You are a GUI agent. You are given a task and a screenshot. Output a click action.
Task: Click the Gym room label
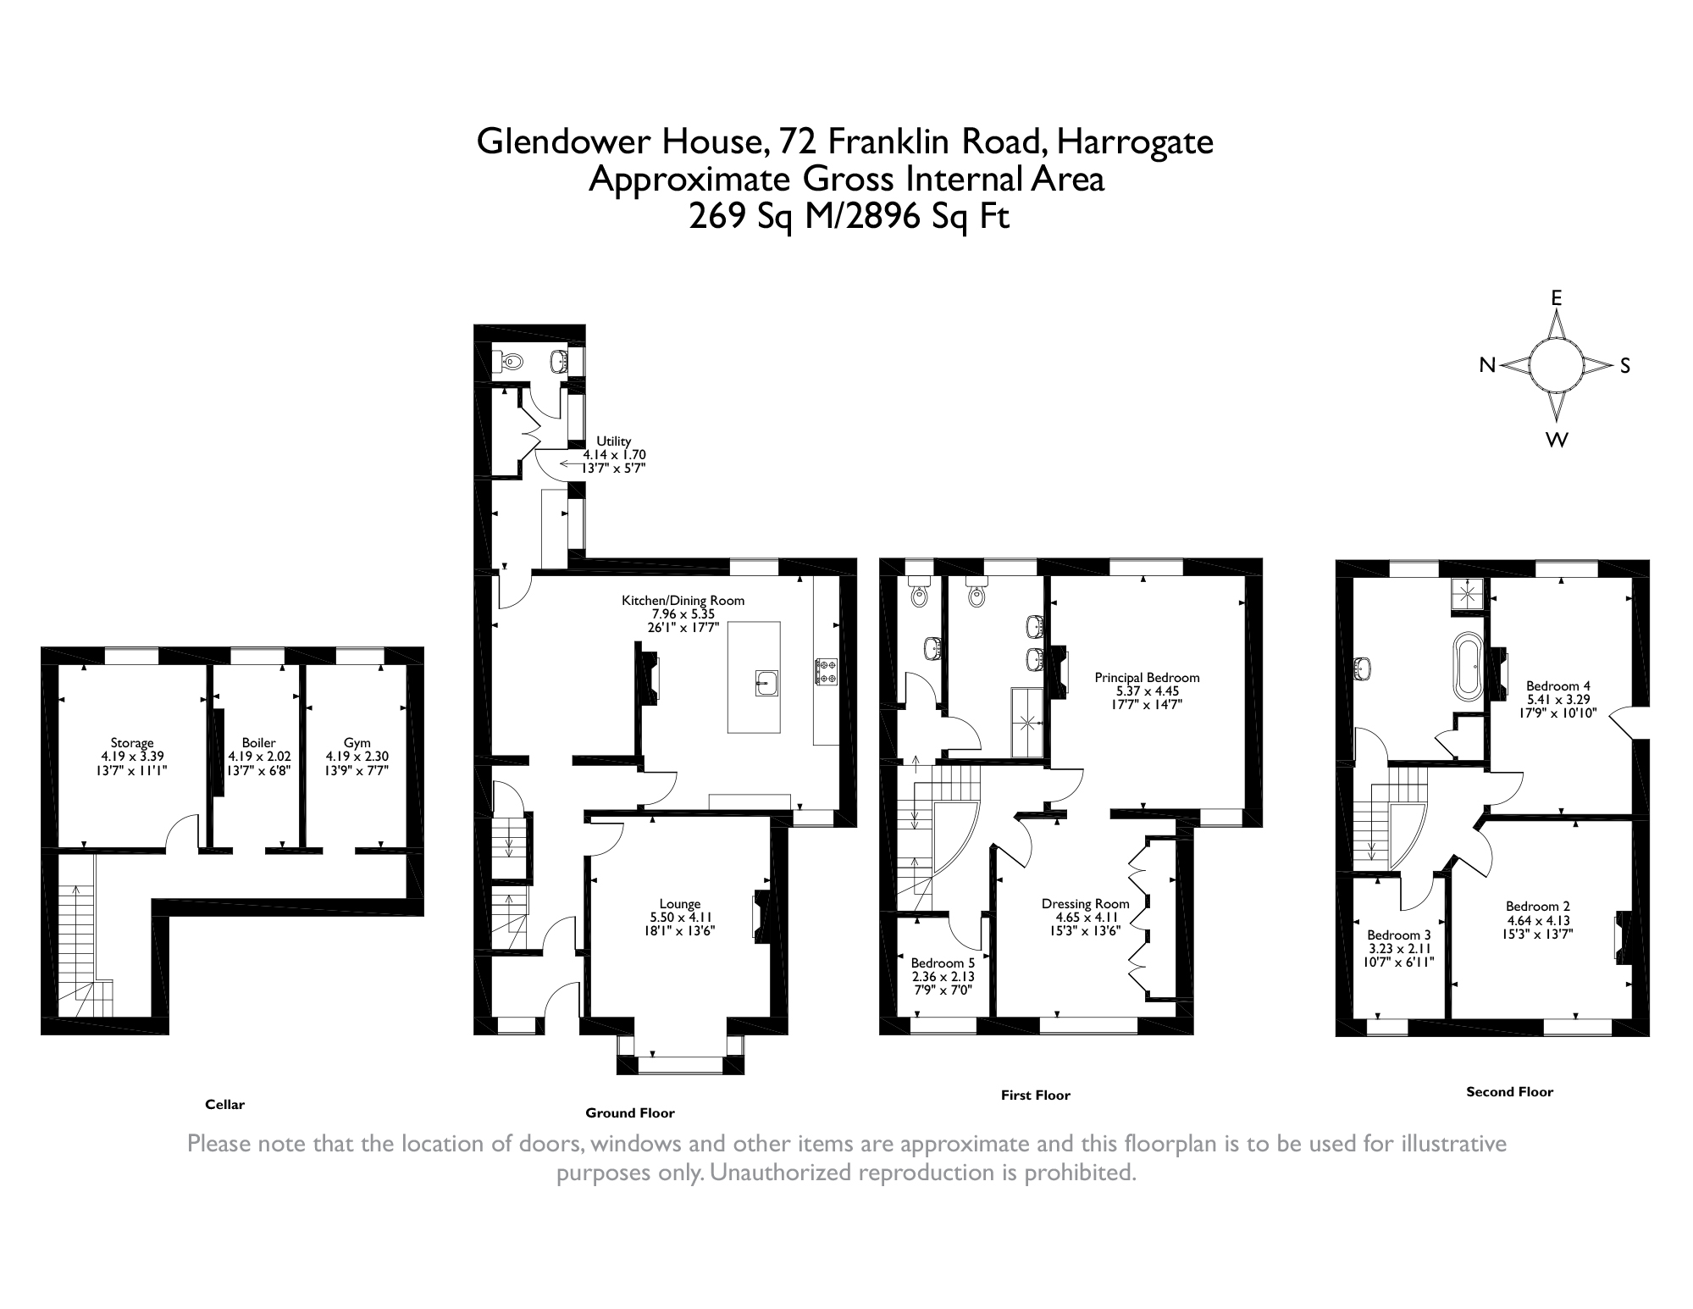coord(357,743)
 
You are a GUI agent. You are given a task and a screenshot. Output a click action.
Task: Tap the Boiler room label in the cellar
coord(258,743)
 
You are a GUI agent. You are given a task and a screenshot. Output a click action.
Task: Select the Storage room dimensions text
coord(132,763)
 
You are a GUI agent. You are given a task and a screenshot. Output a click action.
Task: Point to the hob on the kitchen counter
coord(826,673)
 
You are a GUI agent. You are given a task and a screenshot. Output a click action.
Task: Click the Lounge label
coord(679,904)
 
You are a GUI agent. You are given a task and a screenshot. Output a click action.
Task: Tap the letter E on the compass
coord(1556,298)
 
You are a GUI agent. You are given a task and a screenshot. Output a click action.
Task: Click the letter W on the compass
coord(1557,440)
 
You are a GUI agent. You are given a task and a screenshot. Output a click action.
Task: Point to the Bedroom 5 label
coord(942,963)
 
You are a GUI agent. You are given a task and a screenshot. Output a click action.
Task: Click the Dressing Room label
coord(1085,904)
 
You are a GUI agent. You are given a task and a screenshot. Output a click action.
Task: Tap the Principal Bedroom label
coord(1147,678)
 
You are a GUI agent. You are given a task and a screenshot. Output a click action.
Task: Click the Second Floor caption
coord(1509,1092)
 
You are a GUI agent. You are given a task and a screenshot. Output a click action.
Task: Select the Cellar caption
coord(224,1105)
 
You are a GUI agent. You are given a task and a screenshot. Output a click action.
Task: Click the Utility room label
coord(613,441)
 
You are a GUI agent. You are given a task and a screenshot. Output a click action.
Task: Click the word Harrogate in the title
coord(1134,141)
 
